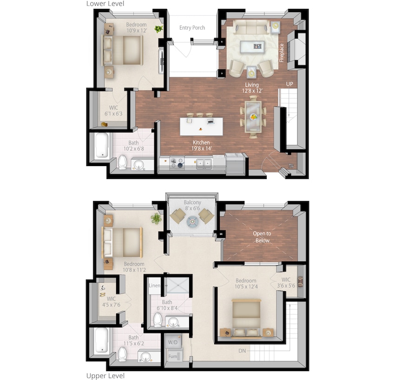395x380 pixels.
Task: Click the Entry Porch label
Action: pos(192,28)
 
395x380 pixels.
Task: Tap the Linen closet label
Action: pos(154,285)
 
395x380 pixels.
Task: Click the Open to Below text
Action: pos(262,237)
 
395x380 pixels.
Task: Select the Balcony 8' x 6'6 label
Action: pos(192,206)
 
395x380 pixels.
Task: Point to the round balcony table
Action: pos(192,222)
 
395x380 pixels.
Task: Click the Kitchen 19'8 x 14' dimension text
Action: pos(202,146)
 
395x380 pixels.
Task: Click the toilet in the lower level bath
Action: pos(123,162)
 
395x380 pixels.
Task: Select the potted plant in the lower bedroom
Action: pos(159,29)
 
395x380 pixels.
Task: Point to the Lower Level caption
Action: pos(105,4)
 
